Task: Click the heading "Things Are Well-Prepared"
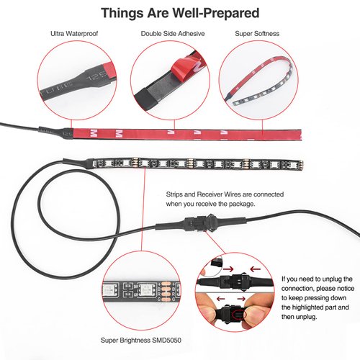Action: coord(180,13)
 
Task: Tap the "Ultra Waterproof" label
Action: coord(74,34)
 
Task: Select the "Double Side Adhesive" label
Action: coord(173,34)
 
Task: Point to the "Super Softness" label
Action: coord(257,34)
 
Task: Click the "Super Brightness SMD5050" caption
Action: coord(141,340)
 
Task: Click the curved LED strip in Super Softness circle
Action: coord(261,81)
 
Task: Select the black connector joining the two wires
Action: coord(201,224)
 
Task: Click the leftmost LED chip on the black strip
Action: coord(109,163)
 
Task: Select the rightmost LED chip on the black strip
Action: coord(293,165)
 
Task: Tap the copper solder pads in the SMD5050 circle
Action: coord(166,291)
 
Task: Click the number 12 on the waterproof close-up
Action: coord(91,78)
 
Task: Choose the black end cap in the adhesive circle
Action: coord(145,99)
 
